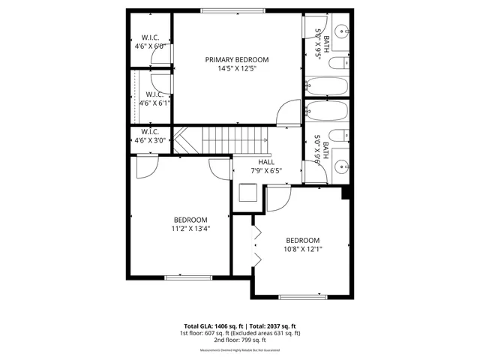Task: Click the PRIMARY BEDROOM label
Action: (x=237, y=59)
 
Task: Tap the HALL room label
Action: (x=266, y=162)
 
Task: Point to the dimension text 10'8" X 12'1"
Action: (x=301, y=250)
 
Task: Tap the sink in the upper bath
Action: (x=340, y=32)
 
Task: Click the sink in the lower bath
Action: (x=340, y=166)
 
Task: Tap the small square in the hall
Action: (x=247, y=194)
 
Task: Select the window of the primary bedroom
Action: (x=232, y=10)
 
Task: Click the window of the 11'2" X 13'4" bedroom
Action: (x=184, y=277)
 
